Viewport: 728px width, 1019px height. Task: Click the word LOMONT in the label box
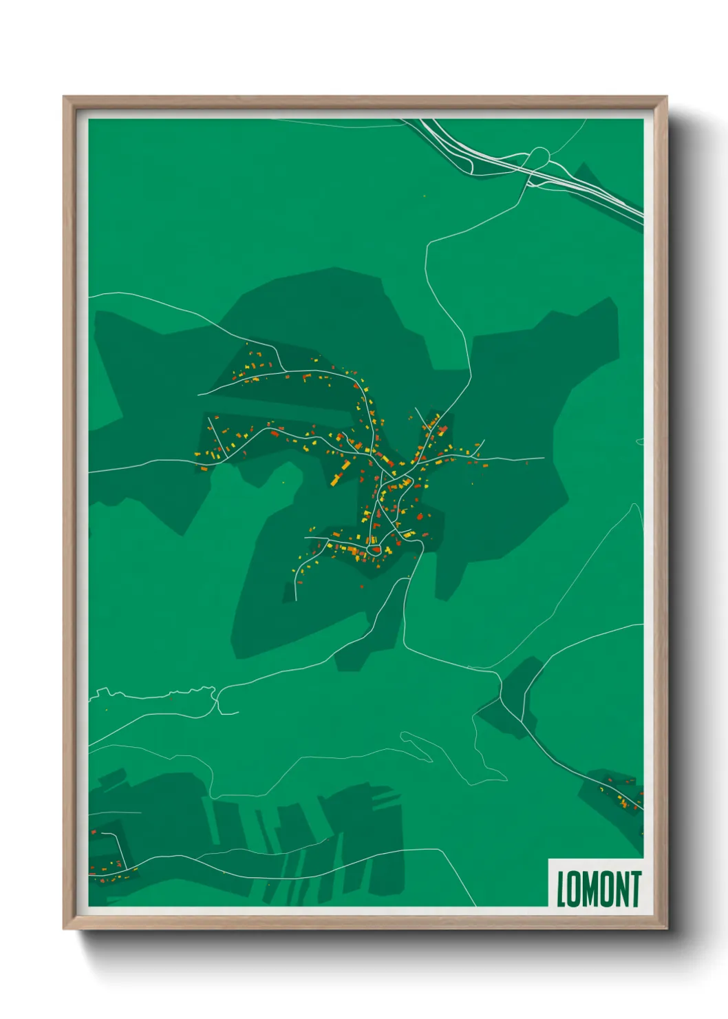tap(598, 889)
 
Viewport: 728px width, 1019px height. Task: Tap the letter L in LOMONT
tap(560, 890)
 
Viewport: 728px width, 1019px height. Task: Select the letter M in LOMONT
tap(590, 890)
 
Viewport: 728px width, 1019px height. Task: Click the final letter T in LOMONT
tap(635, 889)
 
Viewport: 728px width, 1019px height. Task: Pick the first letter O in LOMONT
tap(573, 890)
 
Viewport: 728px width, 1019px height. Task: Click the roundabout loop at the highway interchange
tap(540, 155)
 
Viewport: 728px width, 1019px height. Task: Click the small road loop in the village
tap(374, 549)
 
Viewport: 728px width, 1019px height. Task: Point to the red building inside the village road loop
tap(375, 549)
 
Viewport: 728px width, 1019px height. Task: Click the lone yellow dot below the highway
tap(424, 196)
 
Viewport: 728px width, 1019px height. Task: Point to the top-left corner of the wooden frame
tap(65, 98)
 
